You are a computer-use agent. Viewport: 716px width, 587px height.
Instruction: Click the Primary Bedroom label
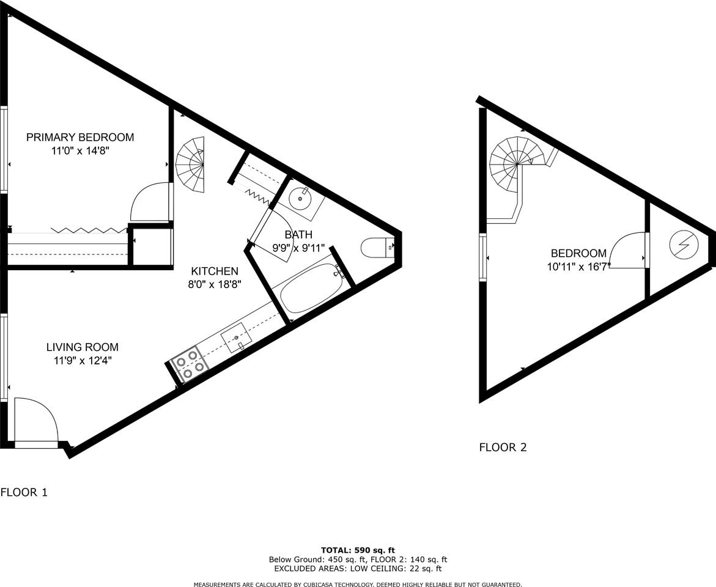79,137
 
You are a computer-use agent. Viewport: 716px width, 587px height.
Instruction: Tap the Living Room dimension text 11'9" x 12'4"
83,361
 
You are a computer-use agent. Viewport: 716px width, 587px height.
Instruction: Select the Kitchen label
215,271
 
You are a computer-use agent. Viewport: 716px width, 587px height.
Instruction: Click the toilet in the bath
377,248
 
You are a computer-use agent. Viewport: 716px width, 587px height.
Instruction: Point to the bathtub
309,289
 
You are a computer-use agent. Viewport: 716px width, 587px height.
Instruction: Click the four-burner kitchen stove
188,363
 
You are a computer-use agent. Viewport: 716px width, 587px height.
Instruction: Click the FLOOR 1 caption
24,492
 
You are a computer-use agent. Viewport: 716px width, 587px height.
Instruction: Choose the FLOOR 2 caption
503,447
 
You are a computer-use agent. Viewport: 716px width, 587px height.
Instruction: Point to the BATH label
298,234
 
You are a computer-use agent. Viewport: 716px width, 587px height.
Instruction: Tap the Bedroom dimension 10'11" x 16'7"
579,267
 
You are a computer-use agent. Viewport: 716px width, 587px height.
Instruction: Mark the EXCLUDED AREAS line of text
358,569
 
